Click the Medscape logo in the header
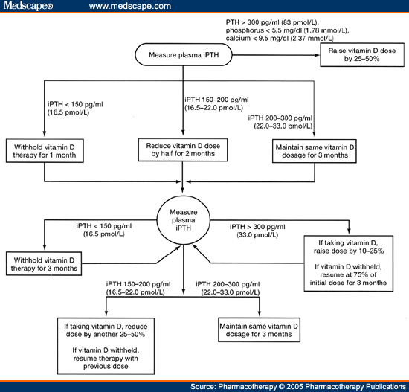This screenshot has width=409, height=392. pyautogui.click(x=28, y=6)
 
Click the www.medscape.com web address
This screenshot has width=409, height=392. pyautogui.click(x=130, y=6)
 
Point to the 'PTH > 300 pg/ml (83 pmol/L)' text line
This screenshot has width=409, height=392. pyautogui.click(x=272, y=22)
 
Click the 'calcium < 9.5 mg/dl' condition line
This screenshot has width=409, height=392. pyautogui.click(x=280, y=39)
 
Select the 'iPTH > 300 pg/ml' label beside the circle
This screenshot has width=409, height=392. pyautogui.click(x=257, y=227)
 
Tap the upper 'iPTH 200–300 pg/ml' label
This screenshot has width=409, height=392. pyautogui.click(x=280, y=118)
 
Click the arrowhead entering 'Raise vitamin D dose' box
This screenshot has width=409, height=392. pyautogui.click(x=318, y=55)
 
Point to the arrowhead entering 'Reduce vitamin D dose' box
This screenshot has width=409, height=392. pyautogui.click(x=183, y=132)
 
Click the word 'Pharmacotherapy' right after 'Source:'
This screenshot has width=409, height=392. pyautogui.click(x=248, y=387)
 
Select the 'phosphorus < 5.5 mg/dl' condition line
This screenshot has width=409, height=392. pyautogui.click(x=288, y=30)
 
